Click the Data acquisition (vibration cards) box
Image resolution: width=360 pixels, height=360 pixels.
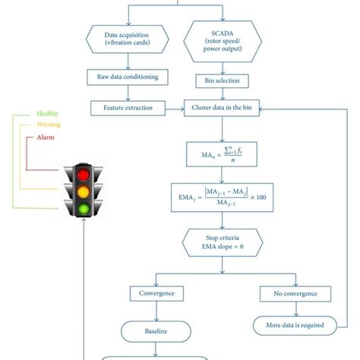[128, 39]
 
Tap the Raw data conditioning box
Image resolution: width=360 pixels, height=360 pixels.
[128, 77]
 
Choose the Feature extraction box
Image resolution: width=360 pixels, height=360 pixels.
[128, 108]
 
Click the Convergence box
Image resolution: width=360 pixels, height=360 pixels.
[158, 293]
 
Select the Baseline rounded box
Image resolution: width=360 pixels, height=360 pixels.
[158, 331]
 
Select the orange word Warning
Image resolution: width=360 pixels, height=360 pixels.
[48, 125]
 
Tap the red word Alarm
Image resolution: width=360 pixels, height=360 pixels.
[46, 137]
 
